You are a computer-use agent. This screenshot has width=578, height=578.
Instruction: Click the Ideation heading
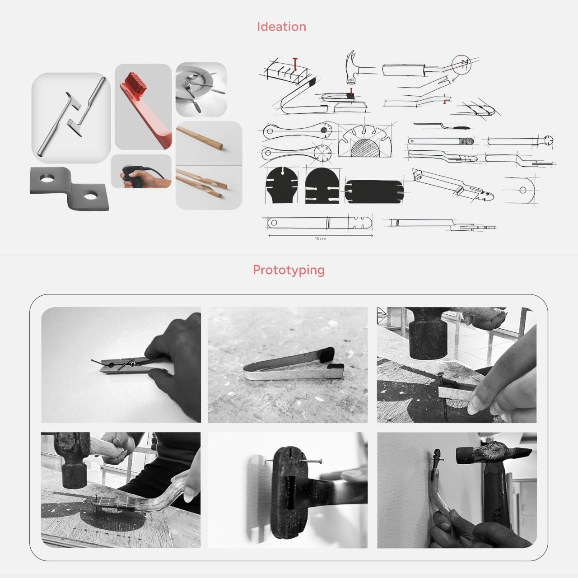pyautogui.click(x=281, y=27)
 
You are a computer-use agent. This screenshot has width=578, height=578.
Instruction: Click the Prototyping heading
pyautogui.click(x=289, y=270)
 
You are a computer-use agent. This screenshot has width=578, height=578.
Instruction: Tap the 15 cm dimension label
pyautogui.click(x=320, y=239)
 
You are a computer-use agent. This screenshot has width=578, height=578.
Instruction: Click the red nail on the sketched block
pyautogui.click(x=295, y=64)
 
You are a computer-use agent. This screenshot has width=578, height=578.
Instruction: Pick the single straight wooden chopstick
pyautogui.click(x=200, y=138)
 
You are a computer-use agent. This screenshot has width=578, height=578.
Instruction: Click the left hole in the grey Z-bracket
pyautogui.click(x=47, y=179)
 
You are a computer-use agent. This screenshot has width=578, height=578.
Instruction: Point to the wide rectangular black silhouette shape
pyautogui.click(x=374, y=191)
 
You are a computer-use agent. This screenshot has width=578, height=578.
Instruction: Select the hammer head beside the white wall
pyautogui.click(x=494, y=454)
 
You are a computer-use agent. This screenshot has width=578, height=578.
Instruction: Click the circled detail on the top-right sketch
pyautogui.click(x=461, y=65)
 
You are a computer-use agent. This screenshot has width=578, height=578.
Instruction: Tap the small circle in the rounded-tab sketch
pyautogui.click(x=523, y=190)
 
